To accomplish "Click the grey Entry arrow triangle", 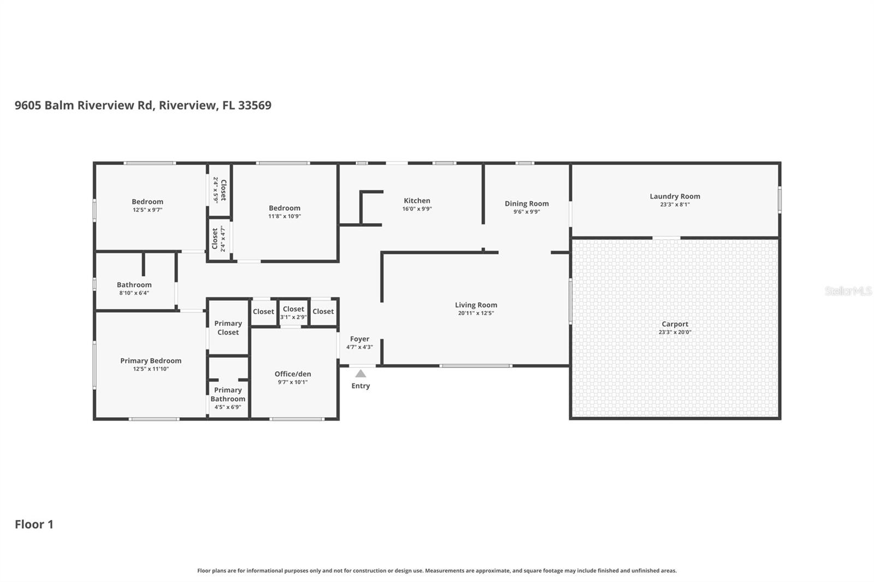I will pos(361,374).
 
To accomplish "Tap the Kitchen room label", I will pos(417,201).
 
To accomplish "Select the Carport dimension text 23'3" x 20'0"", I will pos(675,332).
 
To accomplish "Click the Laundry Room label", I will pos(675,197).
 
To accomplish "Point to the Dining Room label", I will pos(527,204).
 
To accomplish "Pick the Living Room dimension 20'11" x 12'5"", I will pos(476,313).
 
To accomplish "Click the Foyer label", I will pos(359,339).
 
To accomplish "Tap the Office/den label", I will pos(293,374).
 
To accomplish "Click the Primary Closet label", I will pos(228,328).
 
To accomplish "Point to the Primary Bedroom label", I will pos(151,361).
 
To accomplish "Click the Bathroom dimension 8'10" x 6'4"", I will pos(134,293).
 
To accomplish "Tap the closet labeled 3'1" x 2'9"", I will pos(293,313).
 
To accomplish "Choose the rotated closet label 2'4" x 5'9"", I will pos(219,190).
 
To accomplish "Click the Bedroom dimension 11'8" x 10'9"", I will pos(285,216).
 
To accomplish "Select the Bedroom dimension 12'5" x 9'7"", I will pos(147,210).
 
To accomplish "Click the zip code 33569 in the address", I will pos(255,105).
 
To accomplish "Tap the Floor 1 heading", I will pos(34,525).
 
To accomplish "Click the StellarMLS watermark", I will pos(848,291).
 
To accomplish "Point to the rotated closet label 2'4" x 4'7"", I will pos(218,239).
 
